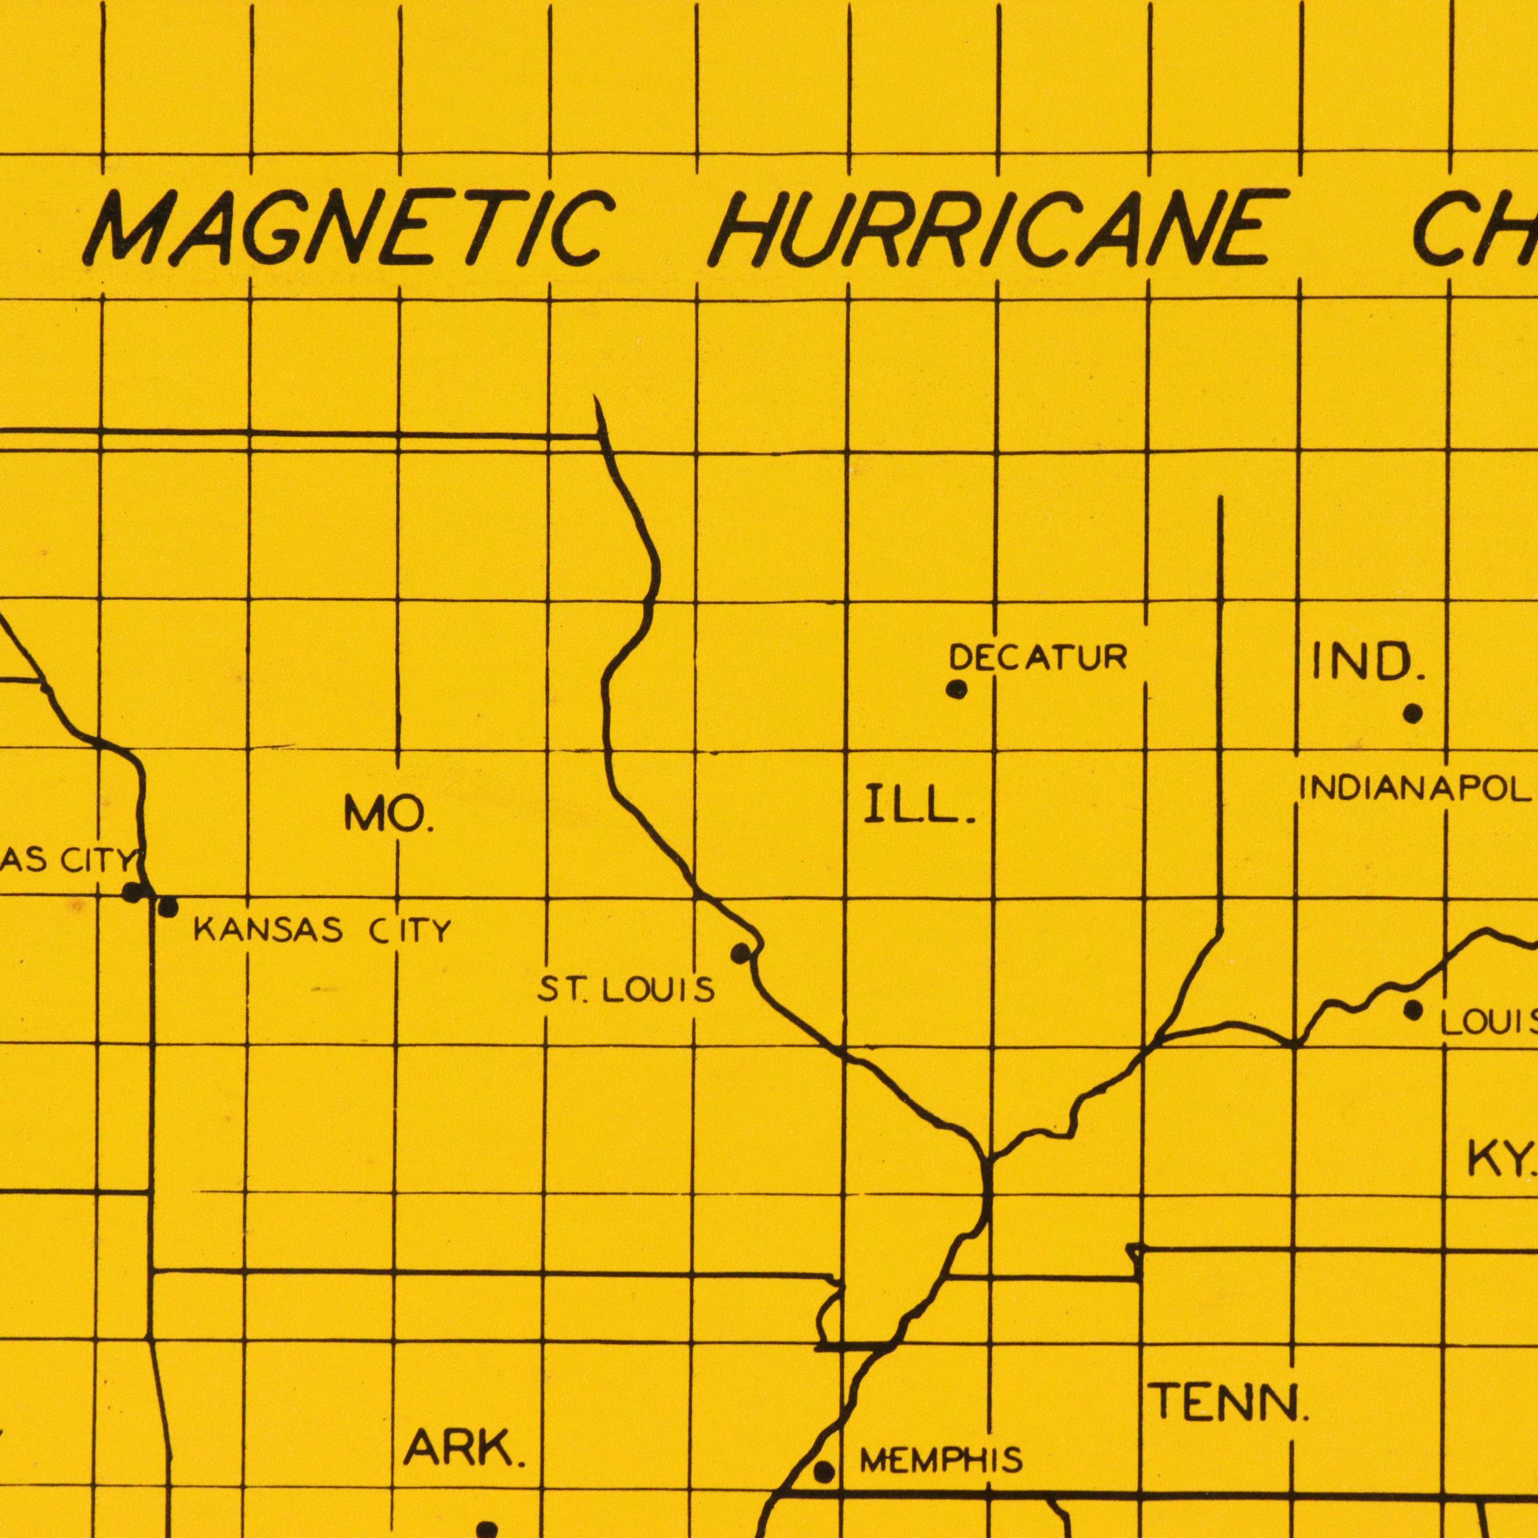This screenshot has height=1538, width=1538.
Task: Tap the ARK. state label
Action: pos(464,1449)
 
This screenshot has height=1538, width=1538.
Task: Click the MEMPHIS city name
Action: pos(941,1460)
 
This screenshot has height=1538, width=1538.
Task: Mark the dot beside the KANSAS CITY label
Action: pos(168,907)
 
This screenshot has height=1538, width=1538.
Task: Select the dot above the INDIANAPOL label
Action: pos(1413,713)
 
